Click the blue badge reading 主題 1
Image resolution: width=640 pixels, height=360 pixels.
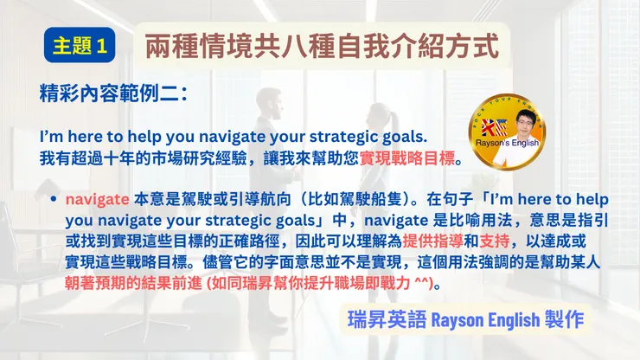(x=79, y=46)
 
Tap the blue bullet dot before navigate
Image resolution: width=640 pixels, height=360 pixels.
(x=54, y=197)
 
